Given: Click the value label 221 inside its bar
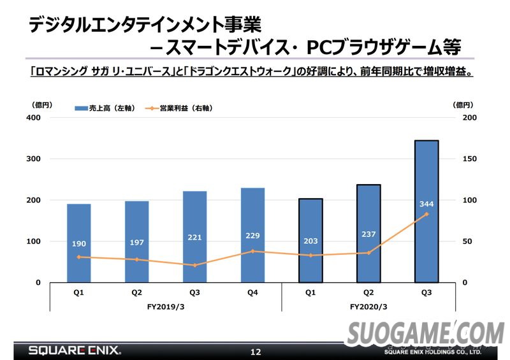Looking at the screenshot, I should pos(194,238).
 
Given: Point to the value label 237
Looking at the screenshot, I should pos(368,233).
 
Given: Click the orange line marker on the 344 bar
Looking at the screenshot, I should pos(426,214).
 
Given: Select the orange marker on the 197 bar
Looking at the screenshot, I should pos(136,259).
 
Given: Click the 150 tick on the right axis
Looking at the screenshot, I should pos(469,159).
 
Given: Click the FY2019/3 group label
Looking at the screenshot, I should pos(166,306).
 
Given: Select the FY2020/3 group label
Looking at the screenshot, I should pos(368,306).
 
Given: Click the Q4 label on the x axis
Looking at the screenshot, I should pos(252,293).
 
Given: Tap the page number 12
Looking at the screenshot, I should pos(255,352).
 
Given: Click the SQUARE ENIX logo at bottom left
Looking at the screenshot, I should pos(74,350).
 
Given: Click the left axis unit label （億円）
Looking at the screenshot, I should pos(41,105).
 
